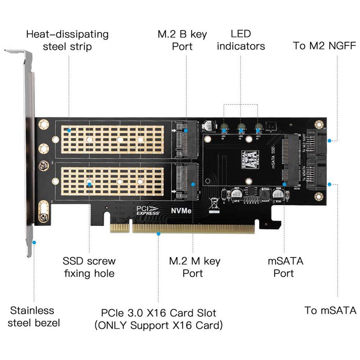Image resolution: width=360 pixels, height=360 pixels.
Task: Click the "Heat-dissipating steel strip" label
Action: pyautogui.click(x=67, y=40)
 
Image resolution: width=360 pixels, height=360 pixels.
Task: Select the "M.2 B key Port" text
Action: pyautogui.click(x=182, y=40)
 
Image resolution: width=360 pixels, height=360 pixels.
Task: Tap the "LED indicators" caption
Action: pyautogui.click(x=241, y=40)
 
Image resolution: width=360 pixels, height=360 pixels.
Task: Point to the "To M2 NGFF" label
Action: pyautogui.click(x=324, y=45)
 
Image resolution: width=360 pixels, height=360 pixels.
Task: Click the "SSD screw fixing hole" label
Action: pyautogui.click(x=89, y=267)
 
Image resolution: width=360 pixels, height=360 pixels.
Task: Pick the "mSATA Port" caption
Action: pyautogui.click(x=284, y=267)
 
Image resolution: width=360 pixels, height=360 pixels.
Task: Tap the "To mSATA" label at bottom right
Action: pyautogui.click(x=330, y=310)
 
